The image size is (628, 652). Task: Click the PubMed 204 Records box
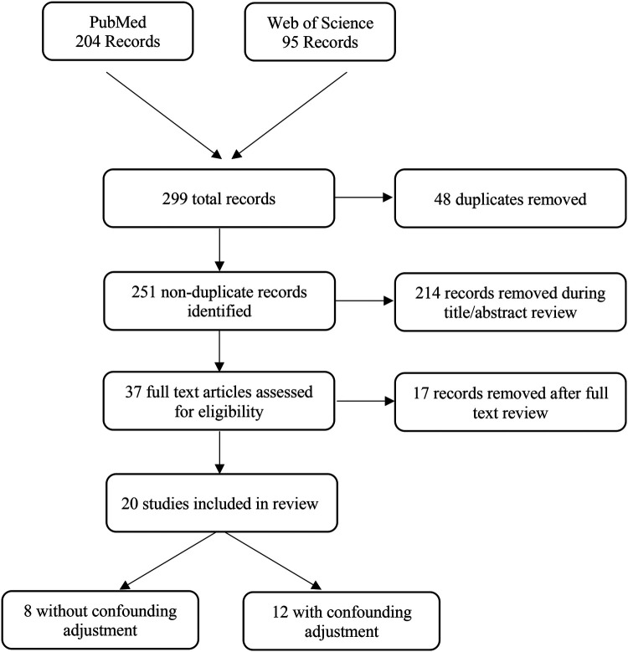[118, 31]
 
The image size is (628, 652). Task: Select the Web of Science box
[320, 32]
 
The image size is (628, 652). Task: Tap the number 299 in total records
[175, 198]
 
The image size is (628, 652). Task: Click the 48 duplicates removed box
[510, 198]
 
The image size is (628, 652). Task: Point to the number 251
[144, 292]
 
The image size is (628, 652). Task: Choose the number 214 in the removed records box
[427, 293]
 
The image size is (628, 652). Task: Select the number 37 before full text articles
[133, 392]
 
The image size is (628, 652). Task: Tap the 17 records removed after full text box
[510, 402]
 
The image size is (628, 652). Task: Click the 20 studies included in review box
[222, 503]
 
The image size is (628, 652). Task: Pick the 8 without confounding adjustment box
[100, 619]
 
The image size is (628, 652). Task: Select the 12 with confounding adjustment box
[342, 620]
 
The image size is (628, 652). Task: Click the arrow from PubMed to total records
[164, 116]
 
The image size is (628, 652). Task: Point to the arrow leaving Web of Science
[289, 116]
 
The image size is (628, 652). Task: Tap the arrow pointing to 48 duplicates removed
[364, 198]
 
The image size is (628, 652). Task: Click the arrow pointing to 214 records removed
[364, 300]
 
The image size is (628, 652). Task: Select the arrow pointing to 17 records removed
[365, 401]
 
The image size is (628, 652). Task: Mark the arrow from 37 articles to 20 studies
[219, 452]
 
